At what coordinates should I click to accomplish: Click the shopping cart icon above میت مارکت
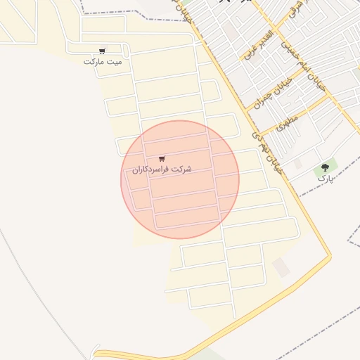click(x=103, y=51)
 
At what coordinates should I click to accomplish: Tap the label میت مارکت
click(x=103, y=62)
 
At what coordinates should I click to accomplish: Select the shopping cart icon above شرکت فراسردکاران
click(x=162, y=159)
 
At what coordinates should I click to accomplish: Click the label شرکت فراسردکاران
click(x=162, y=170)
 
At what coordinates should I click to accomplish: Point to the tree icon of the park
click(x=325, y=167)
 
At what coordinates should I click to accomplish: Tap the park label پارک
click(x=324, y=178)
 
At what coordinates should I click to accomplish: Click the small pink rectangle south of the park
click(x=281, y=267)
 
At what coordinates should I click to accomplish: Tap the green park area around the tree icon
click(x=330, y=166)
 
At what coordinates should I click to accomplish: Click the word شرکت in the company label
click(x=182, y=170)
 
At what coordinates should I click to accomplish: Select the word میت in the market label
click(x=115, y=62)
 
